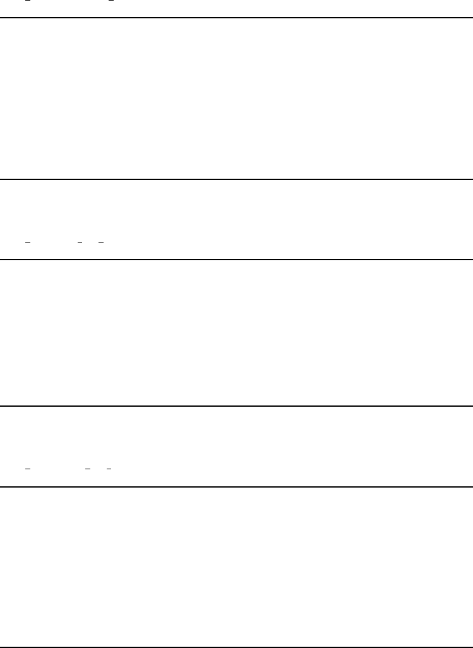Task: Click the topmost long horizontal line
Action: pyautogui.click(x=236, y=18)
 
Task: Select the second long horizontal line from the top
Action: pyautogui.click(x=236, y=179)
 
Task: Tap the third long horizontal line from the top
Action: pyautogui.click(x=236, y=259)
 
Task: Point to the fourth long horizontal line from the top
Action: pyautogui.click(x=236, y=405)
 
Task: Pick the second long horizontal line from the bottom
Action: pyautogui.click(x=236, y=486)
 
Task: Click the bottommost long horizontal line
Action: pyautogui.click(x=236, y=647)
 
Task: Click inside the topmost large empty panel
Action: pyautogui.click(x=236, y=99)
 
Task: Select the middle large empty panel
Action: pyautogui.click(x=236, y=332)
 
